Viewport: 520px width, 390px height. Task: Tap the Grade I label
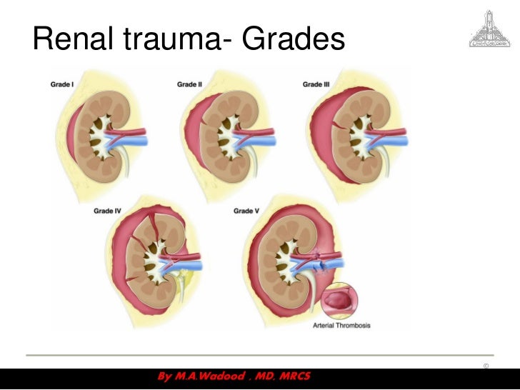[x=61, y=84]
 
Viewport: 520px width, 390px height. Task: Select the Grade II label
[x=189, y=84]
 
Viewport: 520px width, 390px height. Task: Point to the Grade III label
[x=316, y=84]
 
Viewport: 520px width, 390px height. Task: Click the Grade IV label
[x=107, y=211]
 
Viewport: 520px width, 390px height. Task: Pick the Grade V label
[x=247, y=211]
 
